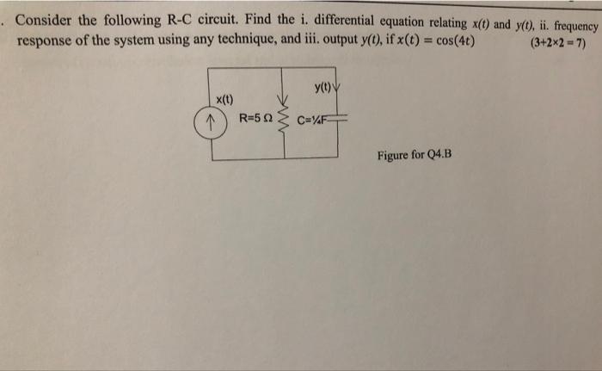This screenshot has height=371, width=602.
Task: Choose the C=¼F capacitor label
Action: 312,120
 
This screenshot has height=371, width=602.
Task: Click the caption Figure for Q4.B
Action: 414,155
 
